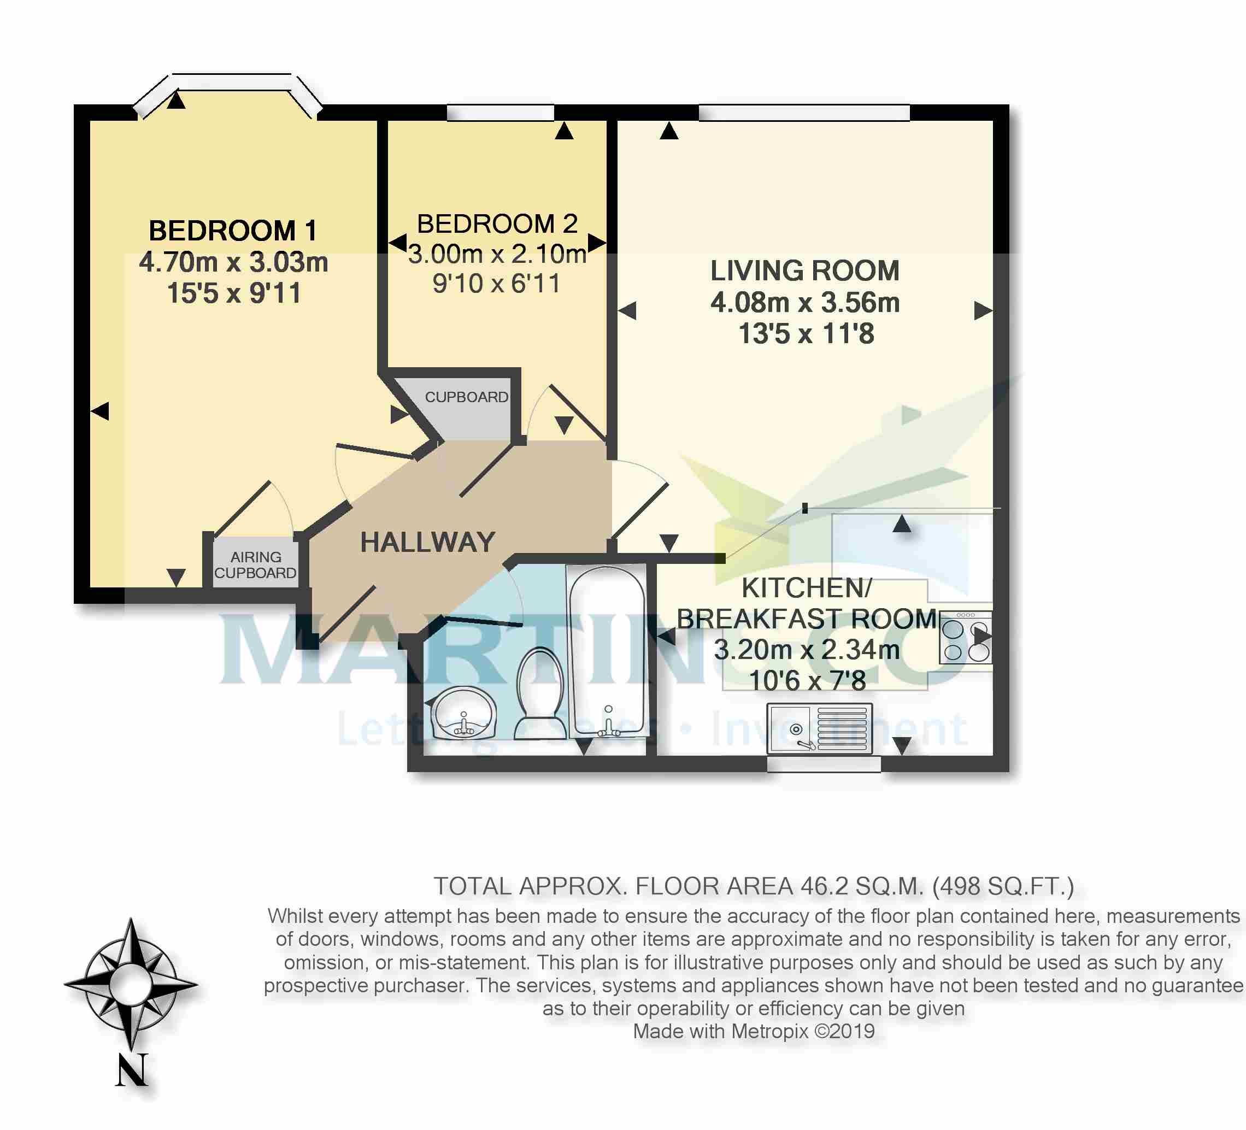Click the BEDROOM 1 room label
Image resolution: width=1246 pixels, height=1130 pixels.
click(x=233, y=231)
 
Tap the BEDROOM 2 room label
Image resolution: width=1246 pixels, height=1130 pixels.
click(x=497, y=223)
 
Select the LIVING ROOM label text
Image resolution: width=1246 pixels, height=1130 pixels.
click(x=804, y=270)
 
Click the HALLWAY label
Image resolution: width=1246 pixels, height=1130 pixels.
click(x=428, y=543)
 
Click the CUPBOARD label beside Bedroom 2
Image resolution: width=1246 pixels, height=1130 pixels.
click(x=467, y=397)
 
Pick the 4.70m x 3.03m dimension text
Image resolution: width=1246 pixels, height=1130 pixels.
click(x=233, y=262)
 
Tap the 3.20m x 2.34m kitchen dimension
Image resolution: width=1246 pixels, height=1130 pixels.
click(x=807, y=649)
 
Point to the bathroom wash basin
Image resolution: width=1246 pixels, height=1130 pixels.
click(x=463, y=714)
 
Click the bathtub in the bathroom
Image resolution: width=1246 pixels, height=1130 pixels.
click(x=607, y=652)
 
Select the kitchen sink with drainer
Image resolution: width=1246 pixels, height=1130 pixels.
click(x=820, y=728)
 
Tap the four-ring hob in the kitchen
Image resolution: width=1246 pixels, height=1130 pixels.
click(x=966, y=637)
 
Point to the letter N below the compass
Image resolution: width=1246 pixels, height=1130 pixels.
click(x=132, y=1069)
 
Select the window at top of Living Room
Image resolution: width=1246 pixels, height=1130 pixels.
click(x=804, y=113)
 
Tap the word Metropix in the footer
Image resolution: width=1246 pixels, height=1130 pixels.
click(x=770, y=1031)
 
